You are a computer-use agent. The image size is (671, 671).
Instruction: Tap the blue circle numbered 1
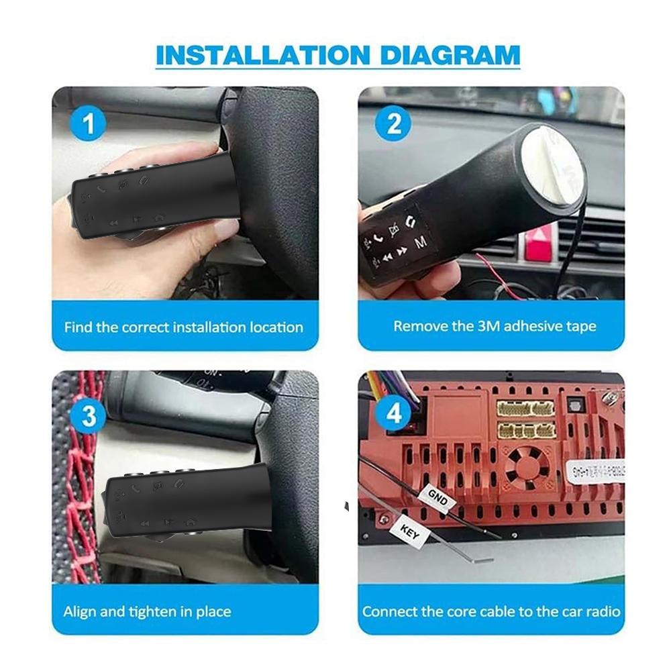[95, 125]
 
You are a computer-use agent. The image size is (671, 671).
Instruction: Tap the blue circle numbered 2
[394, 124]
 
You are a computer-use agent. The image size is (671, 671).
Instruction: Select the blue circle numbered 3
[89, 416]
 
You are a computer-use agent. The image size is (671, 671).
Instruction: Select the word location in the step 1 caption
[276, 327]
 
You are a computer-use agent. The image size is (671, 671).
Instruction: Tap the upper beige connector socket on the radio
[525, 408]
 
